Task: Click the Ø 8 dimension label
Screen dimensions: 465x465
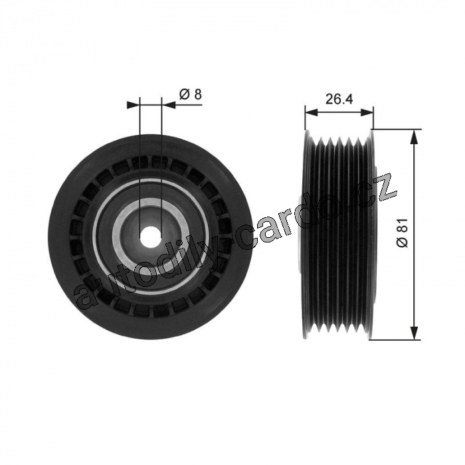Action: pyautogui.click(x=191, y=94)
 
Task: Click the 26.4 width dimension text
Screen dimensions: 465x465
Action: pyautogui.click(x=339, y=99)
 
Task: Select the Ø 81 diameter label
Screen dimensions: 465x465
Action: pyautogui.click(x=402, y=232)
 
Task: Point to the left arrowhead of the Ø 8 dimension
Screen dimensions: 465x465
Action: pyautogui.click(x=133, y=105)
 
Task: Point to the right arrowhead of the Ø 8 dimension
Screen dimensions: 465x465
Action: pyautogui.click(x=168, y=105)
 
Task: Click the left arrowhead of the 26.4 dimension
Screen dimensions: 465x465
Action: pyautogui.click(x=312, y=112)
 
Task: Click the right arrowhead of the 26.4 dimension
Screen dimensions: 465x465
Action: pyautogui.click(x=367, y=112)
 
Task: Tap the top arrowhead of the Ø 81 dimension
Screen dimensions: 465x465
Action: pyautogui.click(x=414, y=136)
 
